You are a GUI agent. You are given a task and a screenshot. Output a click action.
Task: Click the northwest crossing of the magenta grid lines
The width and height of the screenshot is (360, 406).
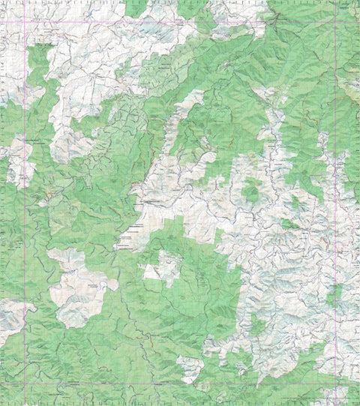coord(24,21)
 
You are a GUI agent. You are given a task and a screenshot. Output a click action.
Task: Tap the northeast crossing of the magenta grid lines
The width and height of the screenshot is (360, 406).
coord(334,21)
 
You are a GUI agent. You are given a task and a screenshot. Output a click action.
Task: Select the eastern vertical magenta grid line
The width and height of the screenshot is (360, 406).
coord(334,225)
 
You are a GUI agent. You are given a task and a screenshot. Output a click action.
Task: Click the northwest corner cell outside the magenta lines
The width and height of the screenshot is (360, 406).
coord(11,10)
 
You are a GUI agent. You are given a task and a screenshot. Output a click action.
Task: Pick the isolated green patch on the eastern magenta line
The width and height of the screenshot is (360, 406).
coord(334,296)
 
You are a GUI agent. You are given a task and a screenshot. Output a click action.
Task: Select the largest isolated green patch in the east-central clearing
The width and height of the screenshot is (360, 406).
coord(250,194)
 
